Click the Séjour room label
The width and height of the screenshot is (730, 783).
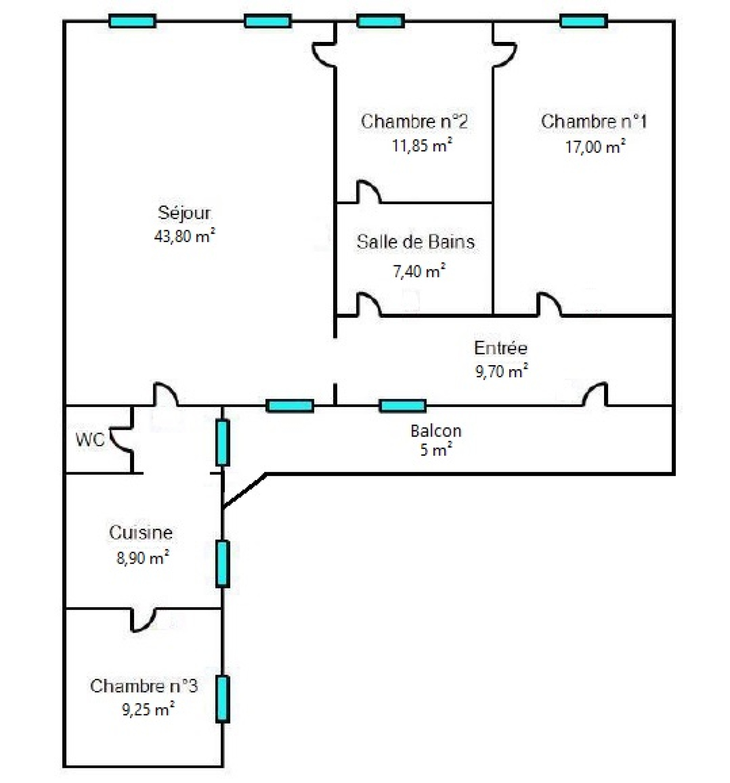point(184,213)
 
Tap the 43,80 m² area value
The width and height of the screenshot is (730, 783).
point(184,236)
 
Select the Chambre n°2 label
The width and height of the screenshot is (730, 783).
point(414,122)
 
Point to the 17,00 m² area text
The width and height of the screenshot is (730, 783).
point(595,147)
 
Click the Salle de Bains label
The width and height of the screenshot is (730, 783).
point(415,242)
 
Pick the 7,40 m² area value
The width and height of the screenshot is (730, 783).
point(419,271)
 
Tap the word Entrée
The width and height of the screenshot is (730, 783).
point(501,348)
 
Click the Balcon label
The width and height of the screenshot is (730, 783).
point(436,431)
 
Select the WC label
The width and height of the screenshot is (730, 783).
point(90,439)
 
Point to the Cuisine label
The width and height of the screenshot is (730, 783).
point(141,532)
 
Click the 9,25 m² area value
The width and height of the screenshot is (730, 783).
point(148,709)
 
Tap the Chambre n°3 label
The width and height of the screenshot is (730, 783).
point(144,685)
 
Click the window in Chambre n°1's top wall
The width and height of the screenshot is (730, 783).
point(583,21)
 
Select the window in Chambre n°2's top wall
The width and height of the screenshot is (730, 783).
point(381,21)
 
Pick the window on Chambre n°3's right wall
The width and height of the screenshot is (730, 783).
point(222,699)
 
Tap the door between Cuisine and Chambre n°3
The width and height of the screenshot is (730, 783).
point(143,619)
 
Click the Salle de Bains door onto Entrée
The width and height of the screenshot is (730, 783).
point(369,304)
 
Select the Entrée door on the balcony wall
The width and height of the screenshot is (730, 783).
point(595,394)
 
